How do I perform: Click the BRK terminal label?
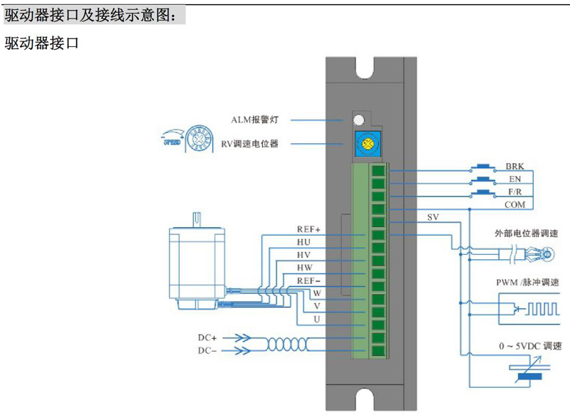pos(514,166)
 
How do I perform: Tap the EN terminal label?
pos(514,179)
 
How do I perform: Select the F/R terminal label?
pos(514,191)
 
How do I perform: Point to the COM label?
pos(514,205)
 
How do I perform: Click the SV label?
pos(433,216)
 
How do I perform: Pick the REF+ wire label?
pos(309,229)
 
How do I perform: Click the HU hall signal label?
pos(304,242)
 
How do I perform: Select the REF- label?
pos(309,280)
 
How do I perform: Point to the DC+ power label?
pos(207,337)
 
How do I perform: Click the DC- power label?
pos(207,351)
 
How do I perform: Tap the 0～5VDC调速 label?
pos(531,346)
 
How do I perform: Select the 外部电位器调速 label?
pos(526,233)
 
